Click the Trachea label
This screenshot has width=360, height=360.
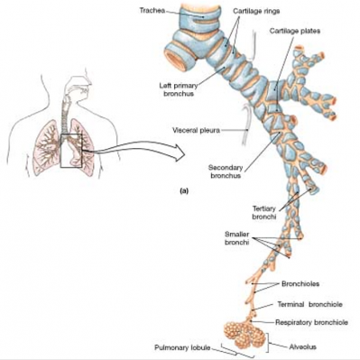pyautogui.click(x=152, y=11)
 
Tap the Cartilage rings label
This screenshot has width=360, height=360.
pyautogui.click(x=256, y=11)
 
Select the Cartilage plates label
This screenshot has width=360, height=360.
pyautogui.click(x=295, y=31)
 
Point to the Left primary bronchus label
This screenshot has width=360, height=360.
pyautogui.click(x=179, y=89)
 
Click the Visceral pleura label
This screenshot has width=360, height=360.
pyautogui.click(x=196, y=131)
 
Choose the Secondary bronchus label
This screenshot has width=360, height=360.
pyautogui.click(x=226, y=171)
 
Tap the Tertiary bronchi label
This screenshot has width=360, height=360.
pyautogui.click(x=264, y=212)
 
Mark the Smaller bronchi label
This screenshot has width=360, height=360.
pyautogui.click(x=236, y=238)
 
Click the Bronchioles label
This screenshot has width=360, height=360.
pyautogui.click(x=300, y=283)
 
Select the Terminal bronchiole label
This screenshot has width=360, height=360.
pyautogui.click(x=309, y=304)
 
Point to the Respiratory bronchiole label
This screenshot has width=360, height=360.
pyautogui.click(x=311, y=322)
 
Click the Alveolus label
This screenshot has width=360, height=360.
pyautogui.click(x=302, y=346)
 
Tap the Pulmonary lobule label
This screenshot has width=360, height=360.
pyautogui.click(x=182, y=347)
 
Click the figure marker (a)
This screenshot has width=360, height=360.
pyautogui.click(x=183, y=190)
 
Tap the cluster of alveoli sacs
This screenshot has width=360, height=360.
pyautogui.click(x=245, y=334)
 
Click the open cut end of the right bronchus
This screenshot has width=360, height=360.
pyautogui.click(x=178, y=59)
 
